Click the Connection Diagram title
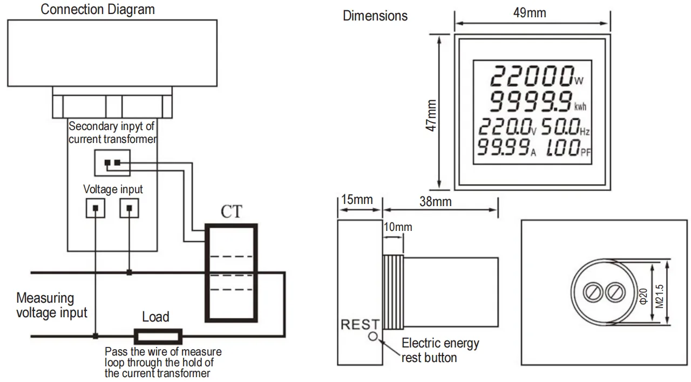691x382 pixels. (98, 9)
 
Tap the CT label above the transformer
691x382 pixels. (232, 212)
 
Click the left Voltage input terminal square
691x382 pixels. (96, 208)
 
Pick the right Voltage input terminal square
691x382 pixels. (129, 208)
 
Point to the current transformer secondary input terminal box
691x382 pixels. (112, 162)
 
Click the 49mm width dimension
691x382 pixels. (530, 13)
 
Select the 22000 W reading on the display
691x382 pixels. (532, 76)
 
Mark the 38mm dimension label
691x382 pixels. (435, 202)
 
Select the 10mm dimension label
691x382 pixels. (397, 227)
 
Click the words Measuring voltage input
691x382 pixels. (51, 305)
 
